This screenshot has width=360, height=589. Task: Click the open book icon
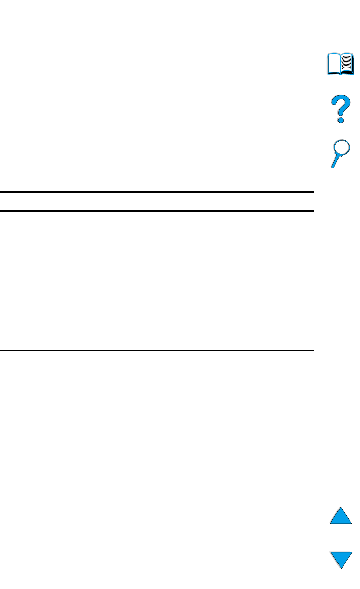(x=341, y=64)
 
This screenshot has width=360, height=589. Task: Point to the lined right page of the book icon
(x=347, y=63)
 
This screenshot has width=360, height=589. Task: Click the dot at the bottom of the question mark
(x=340, y=120)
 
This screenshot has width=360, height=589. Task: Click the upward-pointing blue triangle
(x=341, y=516)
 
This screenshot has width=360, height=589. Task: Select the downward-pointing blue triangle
(x=341, y=559)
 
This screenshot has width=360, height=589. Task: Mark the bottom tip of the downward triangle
(x=341, y=568)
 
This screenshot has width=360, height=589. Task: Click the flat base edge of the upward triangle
(x=341, y=523)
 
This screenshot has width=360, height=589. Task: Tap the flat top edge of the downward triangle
(x=341, y=552)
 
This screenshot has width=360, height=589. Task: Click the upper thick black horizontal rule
(x=156, y=192)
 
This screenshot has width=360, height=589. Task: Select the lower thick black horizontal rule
(x=156, y=210)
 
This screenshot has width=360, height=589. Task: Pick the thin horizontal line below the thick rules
(x=156, y=351)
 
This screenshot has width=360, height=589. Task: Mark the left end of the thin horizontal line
(x=1, y=351)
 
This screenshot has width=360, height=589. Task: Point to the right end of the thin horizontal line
(x=312, y=351)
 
